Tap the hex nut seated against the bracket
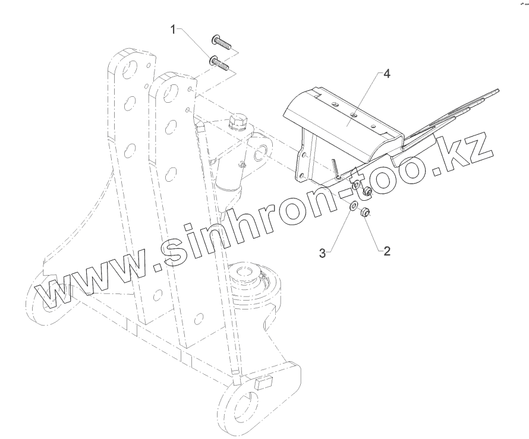tap(369, 191)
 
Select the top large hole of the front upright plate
tap(170, 93)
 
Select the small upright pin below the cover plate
tap(336, 168)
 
